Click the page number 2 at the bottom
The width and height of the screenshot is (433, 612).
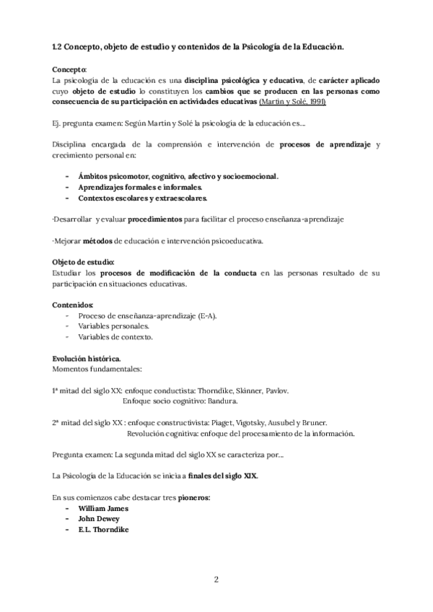pyautogui.click(x=216, y=580)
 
